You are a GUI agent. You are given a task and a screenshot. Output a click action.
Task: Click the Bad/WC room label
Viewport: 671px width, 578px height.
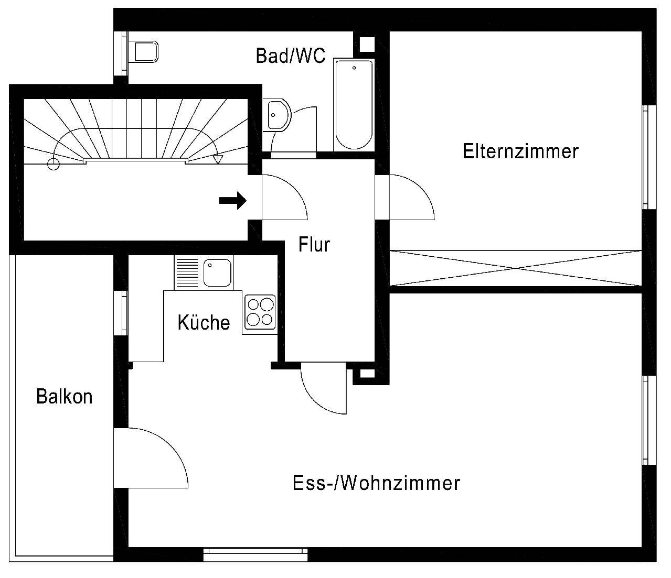pos(290,55)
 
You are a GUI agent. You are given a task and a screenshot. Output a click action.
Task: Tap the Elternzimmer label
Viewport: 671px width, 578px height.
pos(520,151)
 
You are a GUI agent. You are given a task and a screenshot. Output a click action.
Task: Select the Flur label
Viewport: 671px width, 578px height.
pos(314,244)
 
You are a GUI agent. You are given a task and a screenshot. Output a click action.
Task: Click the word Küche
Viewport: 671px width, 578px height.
pos(204,322)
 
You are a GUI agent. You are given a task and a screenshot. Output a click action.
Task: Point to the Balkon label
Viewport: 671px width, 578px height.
pos(64,397)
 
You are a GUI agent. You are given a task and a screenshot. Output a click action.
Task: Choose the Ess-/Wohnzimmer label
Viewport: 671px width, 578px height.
pos(376,483)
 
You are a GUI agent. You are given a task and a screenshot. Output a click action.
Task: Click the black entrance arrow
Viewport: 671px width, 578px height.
pos(232,200)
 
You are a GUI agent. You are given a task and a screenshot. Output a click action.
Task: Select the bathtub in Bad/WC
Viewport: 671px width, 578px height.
pos(354,104)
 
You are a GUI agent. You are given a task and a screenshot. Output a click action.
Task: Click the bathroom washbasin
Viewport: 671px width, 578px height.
pos(277,114)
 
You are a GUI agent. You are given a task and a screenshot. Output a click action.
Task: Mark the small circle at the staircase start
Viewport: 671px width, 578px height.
pos(53,164)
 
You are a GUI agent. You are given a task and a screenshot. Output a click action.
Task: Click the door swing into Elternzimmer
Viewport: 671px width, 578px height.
pos(409,198)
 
